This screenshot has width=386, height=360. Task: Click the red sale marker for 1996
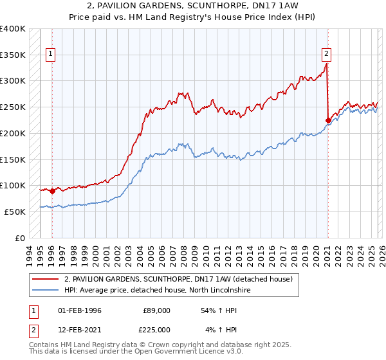tap(52, 191)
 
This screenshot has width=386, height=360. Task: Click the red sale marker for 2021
tap(328, 120)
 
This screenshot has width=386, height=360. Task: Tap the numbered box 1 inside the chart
tap(51, 55)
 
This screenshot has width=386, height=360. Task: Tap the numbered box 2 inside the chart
tap(327, 55)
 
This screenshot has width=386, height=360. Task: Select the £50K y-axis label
tap(15, 212)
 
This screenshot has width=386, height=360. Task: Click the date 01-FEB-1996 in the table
tap(80, 310)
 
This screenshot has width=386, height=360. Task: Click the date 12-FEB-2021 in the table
tap(80, 330)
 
